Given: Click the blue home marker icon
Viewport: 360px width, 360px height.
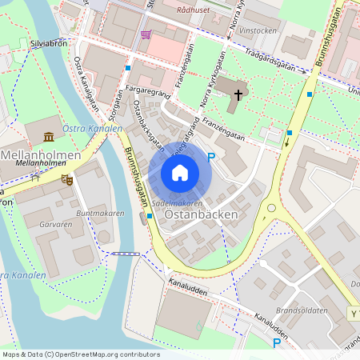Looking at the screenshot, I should point(180,173).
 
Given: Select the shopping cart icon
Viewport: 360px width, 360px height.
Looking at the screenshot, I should point(145,34).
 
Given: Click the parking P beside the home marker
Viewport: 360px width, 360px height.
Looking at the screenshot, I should point(211,158).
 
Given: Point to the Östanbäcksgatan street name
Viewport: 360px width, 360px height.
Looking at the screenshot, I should point(148,126).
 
